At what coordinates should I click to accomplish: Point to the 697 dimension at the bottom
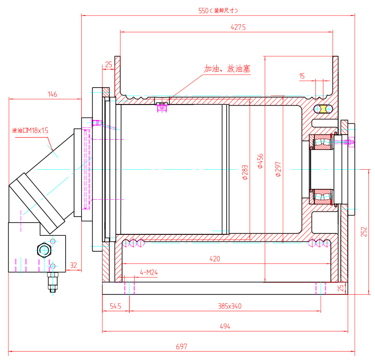pyautogui.click(x=182, y=347)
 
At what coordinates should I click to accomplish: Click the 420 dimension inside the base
pyautogui.click(x=214, y=258)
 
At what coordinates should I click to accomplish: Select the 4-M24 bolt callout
pyautogui.click(x=149, y=272)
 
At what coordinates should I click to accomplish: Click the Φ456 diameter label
pyautogui.click(x=260, y=161)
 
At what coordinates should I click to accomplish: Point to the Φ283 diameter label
pyautogui.click(x=245, y=172)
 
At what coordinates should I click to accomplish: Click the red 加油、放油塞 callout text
pyautogui.click(x=227, y=69)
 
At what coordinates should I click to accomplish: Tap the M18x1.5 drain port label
pyautogui.click(x=30, y=130)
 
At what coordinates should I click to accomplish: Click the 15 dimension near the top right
pyautogui.click(x=301, y=75)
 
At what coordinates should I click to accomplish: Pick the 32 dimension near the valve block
pyautogui.click(x=73, y=265)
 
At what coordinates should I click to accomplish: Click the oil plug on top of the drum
pyautogui.click(x=162, y=107)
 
